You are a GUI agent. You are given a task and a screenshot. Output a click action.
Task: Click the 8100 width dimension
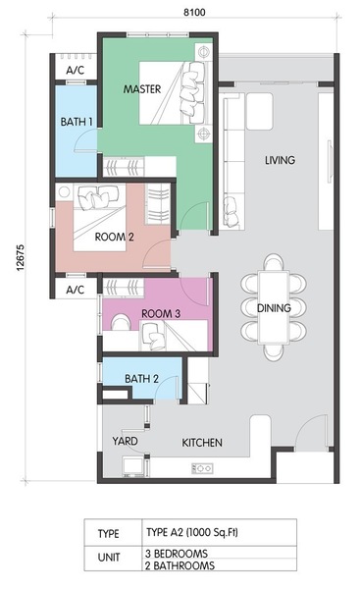[194, 12]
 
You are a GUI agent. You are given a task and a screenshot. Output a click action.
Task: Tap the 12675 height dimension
[20, 257]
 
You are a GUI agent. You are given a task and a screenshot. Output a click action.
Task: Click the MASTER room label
[142, 89]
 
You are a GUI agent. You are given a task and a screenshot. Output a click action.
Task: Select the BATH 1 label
[77, 122]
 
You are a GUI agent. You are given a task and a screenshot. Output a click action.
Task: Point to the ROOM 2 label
[114, 237]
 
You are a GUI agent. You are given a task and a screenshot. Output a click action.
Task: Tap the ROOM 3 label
[161, 313]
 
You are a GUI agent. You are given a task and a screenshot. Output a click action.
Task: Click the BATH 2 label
[141, 379]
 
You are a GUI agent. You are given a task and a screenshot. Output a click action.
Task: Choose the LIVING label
[280, 160]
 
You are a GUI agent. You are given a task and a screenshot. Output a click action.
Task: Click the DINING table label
[274, 308]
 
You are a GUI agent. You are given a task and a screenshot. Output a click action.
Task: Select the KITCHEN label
[202, 443]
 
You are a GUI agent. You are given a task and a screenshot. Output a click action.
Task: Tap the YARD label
[125, 441]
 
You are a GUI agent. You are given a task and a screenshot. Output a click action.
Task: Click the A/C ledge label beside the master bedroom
[76, 71]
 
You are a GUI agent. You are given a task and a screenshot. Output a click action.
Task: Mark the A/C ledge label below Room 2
[76, 290]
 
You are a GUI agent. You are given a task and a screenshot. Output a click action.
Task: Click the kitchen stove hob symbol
[202, 468]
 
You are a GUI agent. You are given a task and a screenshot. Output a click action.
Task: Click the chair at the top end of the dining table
[274, 262]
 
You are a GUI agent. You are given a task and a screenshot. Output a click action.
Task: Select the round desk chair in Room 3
[121, 322]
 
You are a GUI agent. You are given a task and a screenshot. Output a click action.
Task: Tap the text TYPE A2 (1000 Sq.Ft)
[192, 532]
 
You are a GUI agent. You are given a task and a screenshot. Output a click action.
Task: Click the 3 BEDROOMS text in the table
[177, 554]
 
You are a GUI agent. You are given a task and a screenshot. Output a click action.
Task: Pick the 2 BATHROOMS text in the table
[180, 565]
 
